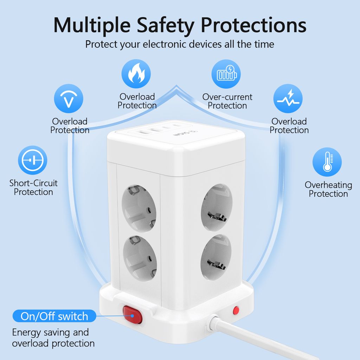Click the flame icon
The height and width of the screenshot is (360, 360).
point(136,74)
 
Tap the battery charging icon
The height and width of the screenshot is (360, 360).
point(226,74)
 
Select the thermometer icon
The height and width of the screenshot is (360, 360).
point(327,162)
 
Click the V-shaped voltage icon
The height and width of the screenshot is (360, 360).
point(69,98)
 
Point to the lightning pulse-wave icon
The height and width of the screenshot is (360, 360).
point(288,98)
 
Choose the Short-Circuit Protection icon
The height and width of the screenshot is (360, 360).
point(33,160)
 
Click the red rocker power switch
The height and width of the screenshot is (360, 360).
point(133,315)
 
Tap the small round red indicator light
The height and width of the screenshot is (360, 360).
point(236,310)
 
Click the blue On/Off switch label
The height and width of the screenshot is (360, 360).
point(54,316)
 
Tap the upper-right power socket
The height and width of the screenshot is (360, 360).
point(217,207)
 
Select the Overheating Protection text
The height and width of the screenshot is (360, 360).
point(328,189)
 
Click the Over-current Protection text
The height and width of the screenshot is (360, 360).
point(227,101)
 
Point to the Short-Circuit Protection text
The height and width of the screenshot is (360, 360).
point(33,187)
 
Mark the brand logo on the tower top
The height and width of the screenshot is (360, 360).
point(185,133)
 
